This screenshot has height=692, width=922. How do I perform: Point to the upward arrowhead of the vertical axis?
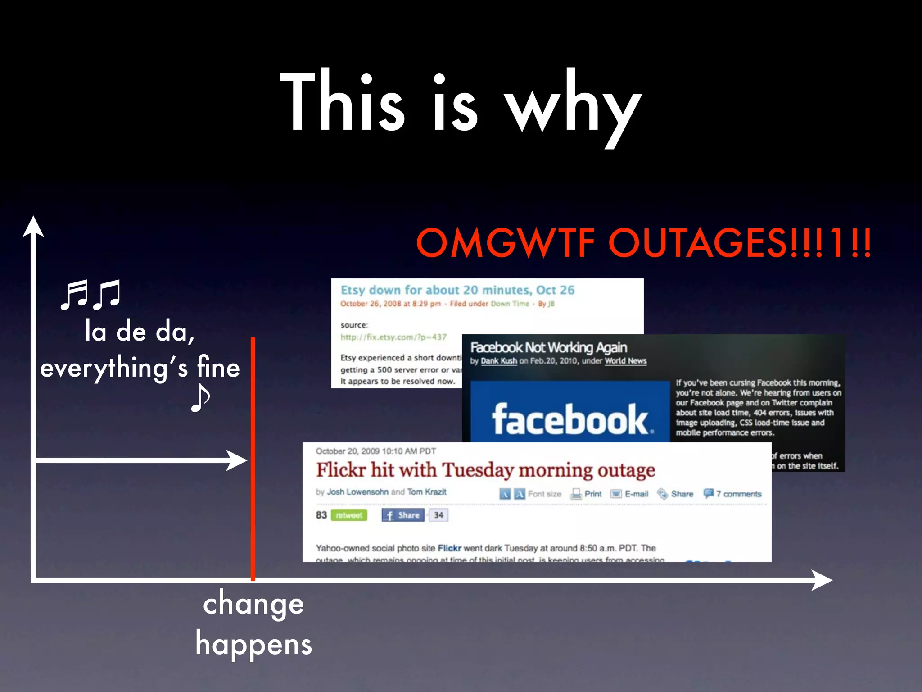click(x=33, y=226)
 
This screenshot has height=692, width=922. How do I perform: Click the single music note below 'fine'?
click(x=200, y=398)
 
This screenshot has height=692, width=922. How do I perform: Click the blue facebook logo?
click(x=570, y=412)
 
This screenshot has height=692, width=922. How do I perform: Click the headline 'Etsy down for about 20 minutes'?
click(x=457, y=290)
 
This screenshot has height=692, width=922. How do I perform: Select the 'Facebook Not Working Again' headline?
click(x=548, y=347)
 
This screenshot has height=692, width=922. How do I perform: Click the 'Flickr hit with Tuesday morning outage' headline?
click(x=485, y=470)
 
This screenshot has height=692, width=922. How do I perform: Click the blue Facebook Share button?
click(x=403, y=515)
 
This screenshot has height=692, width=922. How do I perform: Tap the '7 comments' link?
click(x=738, y=494)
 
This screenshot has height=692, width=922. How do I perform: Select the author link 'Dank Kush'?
click(x=499, y=361)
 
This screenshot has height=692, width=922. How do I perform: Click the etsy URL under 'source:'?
click(x=393, y=337)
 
